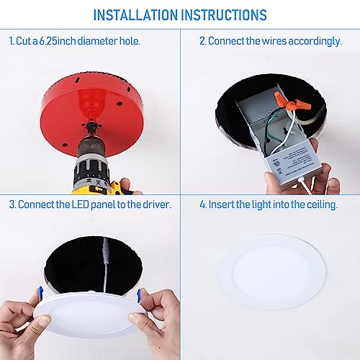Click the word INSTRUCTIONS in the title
[222, 14]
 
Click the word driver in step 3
[156, 204]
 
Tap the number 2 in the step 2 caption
[202, 41]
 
